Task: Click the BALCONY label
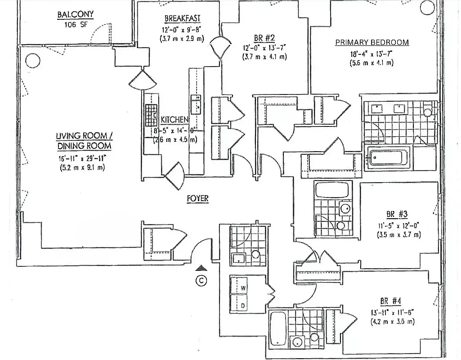(x=76, y=14)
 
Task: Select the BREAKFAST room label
(x=182, y=18)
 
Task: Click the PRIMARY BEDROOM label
(x=372, y=43)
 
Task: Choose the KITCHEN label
(x=174, y=120)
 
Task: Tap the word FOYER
(x=198, y=198)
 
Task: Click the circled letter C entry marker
(x=202, y=281)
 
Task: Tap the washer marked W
(x=243, y=288)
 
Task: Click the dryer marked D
(x=243, y=306)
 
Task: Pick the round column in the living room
(x=31, y=59)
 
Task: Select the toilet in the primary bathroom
(x=428, y=110)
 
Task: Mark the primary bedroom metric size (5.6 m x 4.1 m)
(x=371, y=63)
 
